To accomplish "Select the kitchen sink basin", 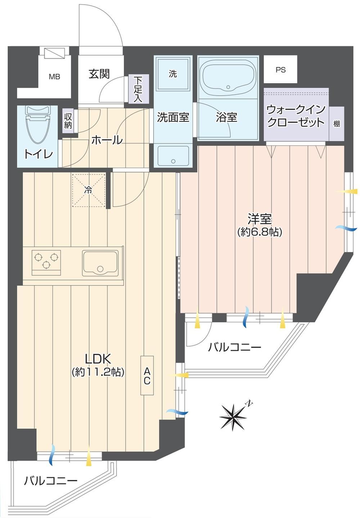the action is click(100, 263).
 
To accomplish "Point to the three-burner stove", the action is click(46, 262).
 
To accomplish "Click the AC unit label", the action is click(147, 376).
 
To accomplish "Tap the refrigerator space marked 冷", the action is click(89, 190).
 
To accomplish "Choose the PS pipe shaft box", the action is click(280, 69).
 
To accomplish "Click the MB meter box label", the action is click(54, 77).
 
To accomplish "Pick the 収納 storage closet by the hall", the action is click(68, 121).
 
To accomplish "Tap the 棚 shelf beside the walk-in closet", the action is click(336, 124).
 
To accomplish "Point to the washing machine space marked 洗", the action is click(173, 74).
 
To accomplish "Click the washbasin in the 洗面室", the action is click(173, 156).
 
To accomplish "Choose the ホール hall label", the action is click(107, 140).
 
